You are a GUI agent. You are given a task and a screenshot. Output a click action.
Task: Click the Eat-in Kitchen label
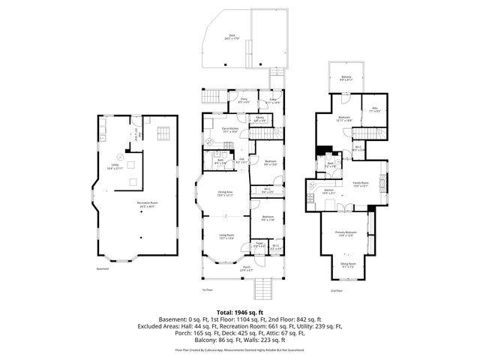[x=229, y=129]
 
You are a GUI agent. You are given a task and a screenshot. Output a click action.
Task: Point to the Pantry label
[x=259, y=118]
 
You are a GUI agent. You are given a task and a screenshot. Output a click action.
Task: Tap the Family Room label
[x=363, y=184]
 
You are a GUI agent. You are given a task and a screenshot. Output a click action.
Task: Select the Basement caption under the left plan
[x=102, y=269]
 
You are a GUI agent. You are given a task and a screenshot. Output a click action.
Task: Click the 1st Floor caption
[x=208, y=289]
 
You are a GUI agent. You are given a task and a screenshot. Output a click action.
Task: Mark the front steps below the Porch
[x=262, y=288]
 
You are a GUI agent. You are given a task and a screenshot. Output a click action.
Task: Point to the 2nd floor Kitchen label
[x=328, y=190]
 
